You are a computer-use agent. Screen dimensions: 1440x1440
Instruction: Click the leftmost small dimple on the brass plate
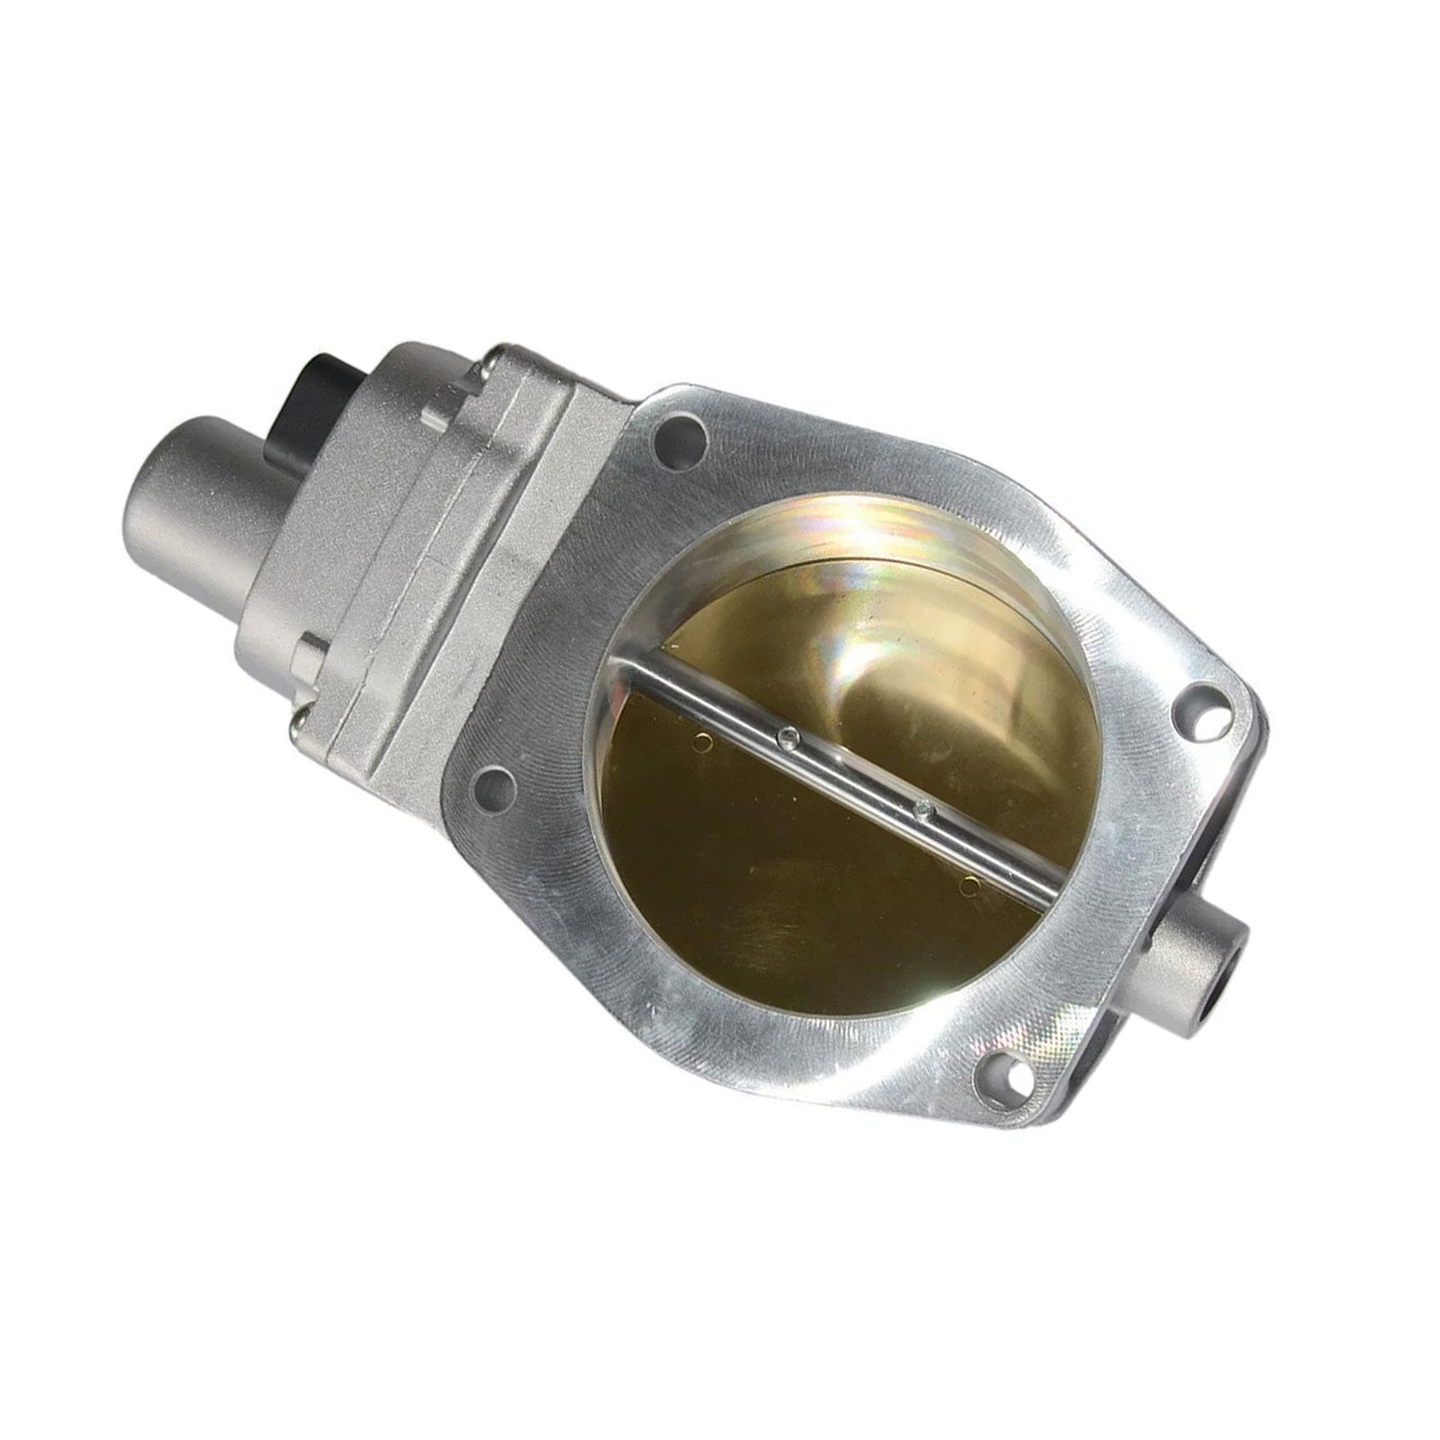706,740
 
